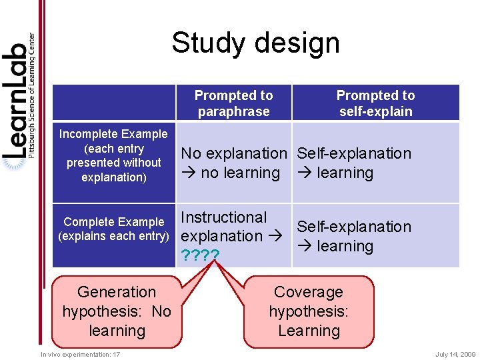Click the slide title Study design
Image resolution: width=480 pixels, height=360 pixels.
(x=255, y=43)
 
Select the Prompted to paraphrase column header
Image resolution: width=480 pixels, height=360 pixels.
(x=233, y=103)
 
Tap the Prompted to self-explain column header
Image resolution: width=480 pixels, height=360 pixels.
(x=375, y=103)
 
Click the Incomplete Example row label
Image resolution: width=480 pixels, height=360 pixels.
(x=113, y=155)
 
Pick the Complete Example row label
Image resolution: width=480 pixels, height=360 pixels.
(x=114, y=229)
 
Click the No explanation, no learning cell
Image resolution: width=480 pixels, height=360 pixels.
(x=234, y=163)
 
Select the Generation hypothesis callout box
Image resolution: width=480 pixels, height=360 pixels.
(x=117, y=311)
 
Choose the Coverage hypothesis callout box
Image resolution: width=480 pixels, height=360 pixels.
(x=308, y=311)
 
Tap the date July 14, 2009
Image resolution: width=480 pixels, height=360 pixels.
(x=455, y=355)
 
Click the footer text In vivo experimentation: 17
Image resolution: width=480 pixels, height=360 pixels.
(x=80, y=355)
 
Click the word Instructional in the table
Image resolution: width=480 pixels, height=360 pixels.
(x=224, y=217)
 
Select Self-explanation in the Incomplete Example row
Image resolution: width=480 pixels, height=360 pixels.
(x=354, y=153)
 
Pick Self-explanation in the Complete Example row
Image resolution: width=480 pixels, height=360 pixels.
(x=354, y=227)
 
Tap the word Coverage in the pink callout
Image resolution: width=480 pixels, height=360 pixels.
(x=308, y=292)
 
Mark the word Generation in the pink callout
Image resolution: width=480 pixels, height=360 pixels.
(x=117, y=292)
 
